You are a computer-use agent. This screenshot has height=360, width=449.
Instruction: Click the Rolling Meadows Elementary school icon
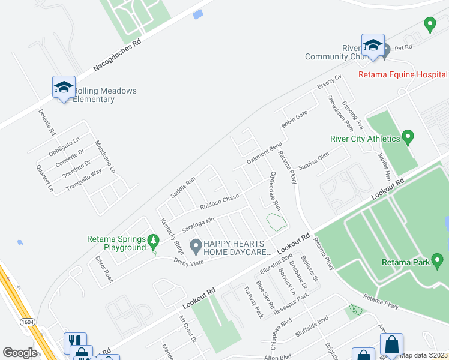(64, 88)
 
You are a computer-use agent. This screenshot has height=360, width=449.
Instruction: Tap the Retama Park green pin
(438, 261)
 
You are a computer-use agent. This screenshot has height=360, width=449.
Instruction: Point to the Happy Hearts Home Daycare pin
(195, 245)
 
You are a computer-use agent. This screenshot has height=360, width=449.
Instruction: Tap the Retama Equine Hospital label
(402, 74)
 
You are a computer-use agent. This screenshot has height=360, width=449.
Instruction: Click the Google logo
(20, 353)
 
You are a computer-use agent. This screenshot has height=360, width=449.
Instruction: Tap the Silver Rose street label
(104, 269)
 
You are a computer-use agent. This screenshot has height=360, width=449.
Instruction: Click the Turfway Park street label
(252, 302)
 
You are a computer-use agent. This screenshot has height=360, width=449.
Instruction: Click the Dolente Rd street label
(46, 122)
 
